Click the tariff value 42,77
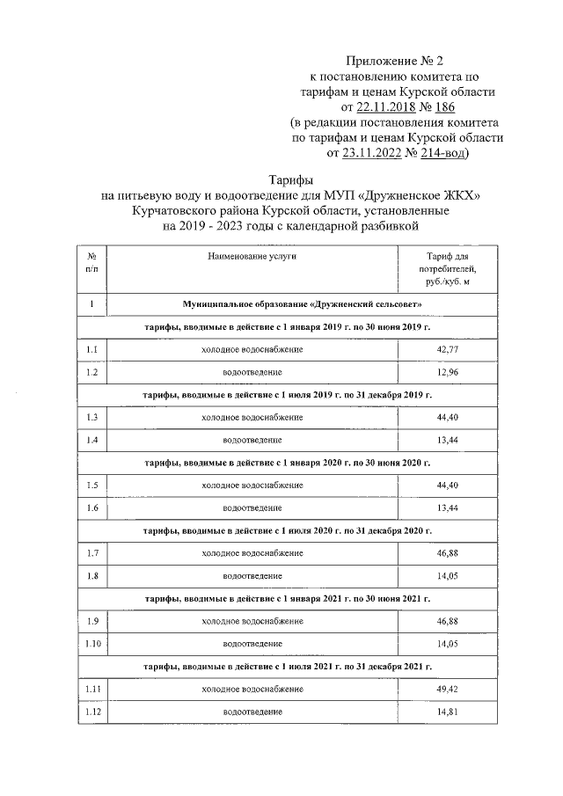tap(448, 350)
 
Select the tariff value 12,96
tap(448, 373)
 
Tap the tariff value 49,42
tap(448, 689)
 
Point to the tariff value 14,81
tap(448, 712)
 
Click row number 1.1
tap(92, 350)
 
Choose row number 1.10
tap(92, 644)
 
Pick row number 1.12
tap(92, 712)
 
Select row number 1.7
tap(92, 553)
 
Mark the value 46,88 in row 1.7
tap(448, 553)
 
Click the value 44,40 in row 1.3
tap(448, 418)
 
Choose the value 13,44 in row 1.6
tap(448, 508)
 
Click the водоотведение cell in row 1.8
tap(252, 576)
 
